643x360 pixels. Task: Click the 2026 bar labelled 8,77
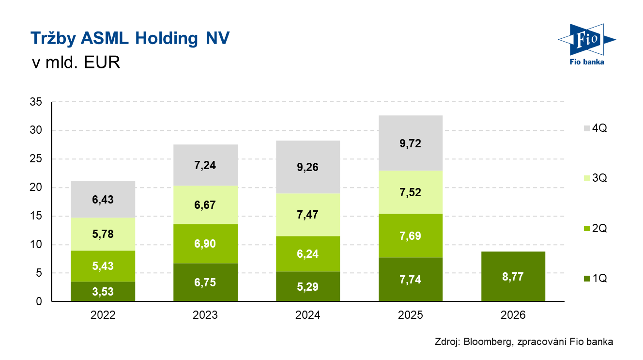pos(513,277)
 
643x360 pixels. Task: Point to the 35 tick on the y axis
pos(37,102)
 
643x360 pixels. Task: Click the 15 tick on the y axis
pos(37,216)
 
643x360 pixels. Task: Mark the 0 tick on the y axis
pos(40,301)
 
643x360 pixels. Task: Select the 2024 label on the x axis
pos(308,315)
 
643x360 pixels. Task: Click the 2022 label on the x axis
pos(103,315)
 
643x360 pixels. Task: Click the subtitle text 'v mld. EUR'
pos(75,63)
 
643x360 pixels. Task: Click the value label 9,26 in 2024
pos(308,167)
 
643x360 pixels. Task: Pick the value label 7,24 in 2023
pos(205,165)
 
